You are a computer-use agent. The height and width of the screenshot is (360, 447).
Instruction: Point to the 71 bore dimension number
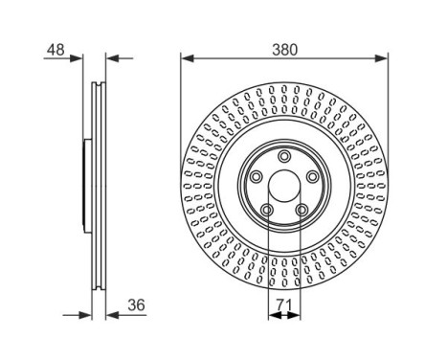tap(283, 306)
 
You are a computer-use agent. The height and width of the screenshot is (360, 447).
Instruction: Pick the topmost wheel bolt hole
tap(284, 156)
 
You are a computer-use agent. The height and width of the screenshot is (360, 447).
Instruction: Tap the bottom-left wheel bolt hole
tap(269, 210)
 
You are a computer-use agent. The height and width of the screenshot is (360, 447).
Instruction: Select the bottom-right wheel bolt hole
tap(301, 210)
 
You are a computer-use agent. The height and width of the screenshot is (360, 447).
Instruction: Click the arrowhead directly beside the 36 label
tap(108, 313)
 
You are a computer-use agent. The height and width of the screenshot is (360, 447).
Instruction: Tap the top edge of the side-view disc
tap(97, 84)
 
